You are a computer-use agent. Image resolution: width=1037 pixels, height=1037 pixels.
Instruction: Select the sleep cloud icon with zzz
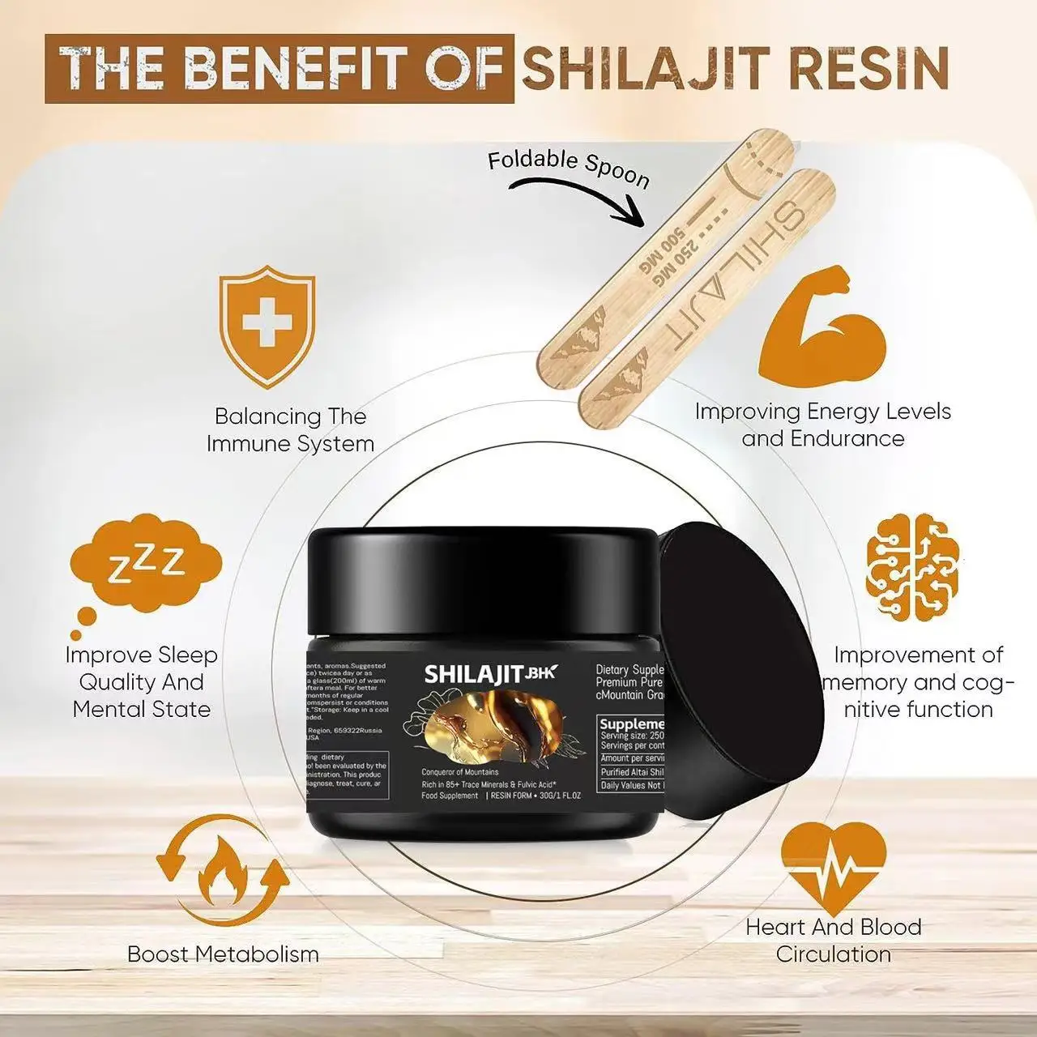point(146,565)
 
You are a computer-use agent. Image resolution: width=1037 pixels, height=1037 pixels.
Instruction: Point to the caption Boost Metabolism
point(223,954)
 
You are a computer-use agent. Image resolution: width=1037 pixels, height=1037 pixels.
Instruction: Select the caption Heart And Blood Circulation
point(833,940)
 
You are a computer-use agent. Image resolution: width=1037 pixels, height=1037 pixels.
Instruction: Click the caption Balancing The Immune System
point(290,430)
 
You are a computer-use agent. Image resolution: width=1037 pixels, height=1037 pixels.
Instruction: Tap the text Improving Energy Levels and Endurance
point(822,425)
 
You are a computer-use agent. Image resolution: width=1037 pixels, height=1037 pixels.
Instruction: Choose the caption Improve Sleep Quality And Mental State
point(142,682)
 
